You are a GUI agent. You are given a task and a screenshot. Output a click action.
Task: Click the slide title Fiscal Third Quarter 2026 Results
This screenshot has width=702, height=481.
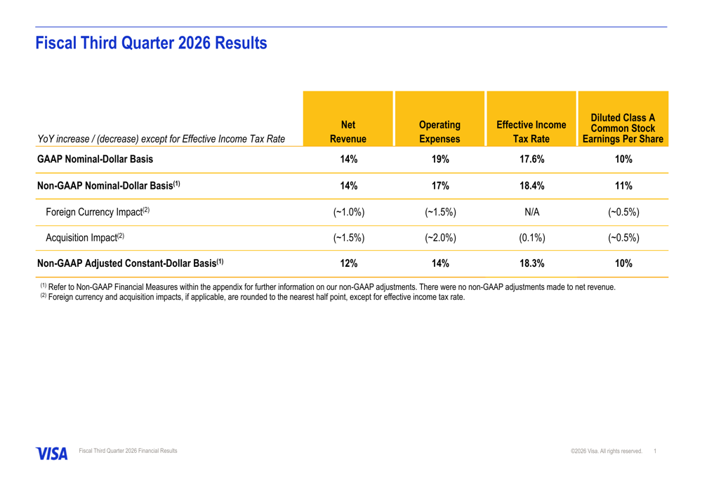pyautogui.click(x=151, y=43)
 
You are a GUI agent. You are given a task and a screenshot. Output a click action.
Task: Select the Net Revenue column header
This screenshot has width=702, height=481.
pyautogui.click(x=348, y=132)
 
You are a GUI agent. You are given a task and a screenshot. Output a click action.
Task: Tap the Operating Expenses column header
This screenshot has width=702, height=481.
pyautogui.click(x=439, y=132)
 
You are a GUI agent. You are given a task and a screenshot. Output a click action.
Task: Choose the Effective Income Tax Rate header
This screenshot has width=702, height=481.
pyautogui.click(x=531, y=132)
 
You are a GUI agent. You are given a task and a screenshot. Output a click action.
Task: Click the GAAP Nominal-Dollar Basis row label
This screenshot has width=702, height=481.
pyautogui.click(x=95, y=159)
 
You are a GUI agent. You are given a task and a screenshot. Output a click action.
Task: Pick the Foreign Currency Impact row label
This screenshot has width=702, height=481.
pyautogui.click(x=98, y=211)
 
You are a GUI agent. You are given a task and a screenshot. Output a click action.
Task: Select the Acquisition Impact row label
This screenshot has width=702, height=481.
pyautogui.click(x=85, y=237)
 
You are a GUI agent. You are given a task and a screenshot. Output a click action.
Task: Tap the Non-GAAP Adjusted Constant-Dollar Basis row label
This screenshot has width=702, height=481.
pyautogui.click(x=131, y=263)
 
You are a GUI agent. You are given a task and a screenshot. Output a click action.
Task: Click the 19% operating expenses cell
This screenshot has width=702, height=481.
pyautogui.click(x=440, y=159)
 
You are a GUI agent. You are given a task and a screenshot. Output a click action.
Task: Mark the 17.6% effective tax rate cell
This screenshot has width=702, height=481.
pyautogui.click(x=532, y=159)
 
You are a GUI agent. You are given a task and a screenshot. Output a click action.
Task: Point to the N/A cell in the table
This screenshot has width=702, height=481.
pyautogui.click(x=532, y=212)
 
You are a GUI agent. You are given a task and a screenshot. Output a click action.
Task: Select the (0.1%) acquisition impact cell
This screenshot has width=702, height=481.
pyautogui.click(x=532, y=237)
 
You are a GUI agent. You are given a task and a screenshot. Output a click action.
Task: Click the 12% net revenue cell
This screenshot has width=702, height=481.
pyautogui.click(x=349, y=263)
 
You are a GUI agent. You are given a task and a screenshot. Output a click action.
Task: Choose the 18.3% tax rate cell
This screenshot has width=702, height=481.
pyautogui.click(x=532, y=263)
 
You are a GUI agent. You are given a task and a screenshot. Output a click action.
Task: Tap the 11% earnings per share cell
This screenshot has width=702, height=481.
pyautogui.click(x=623, y=185)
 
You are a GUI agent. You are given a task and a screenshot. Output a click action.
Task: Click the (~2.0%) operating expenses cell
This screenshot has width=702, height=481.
pyautogui.click(x=441, y=237)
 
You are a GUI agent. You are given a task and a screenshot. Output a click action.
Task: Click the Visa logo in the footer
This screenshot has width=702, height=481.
pyautogui.click(x=52, y=454)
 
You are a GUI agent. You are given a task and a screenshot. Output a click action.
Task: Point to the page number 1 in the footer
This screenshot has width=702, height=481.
pyautogui.click(x=655, y=451)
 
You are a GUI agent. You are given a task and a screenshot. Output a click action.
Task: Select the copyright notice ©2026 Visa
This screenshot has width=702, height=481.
pyautogui.click(x=607, y=451)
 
